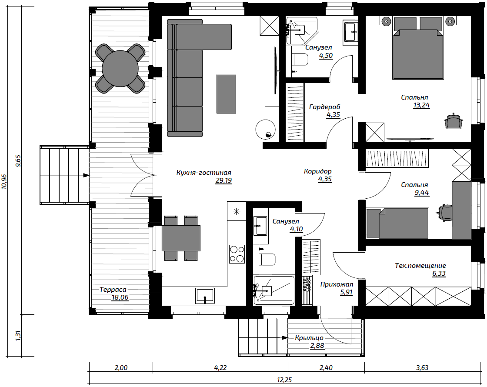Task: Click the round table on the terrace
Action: point(120,68)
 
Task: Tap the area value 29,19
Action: point(223,180)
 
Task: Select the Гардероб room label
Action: point(324,107)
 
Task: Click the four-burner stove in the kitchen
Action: point(237,254)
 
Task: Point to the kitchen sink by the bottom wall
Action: point(205,295)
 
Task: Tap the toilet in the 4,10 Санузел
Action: point(268,260)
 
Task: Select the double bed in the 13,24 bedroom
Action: point(418,48)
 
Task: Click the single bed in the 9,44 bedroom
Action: point(397,223)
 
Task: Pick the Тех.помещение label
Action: point(420,266)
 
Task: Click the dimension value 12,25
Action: point(284,380)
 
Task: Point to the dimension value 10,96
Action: point(4,181)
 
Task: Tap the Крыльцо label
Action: point(309,337)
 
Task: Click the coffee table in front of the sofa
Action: point(226,94)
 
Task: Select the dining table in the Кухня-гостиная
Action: point(181,238)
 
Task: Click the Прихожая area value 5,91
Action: point(346,292)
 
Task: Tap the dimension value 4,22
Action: point(220,368)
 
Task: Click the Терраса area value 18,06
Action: point(120,297)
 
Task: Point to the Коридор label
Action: point(318,171)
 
